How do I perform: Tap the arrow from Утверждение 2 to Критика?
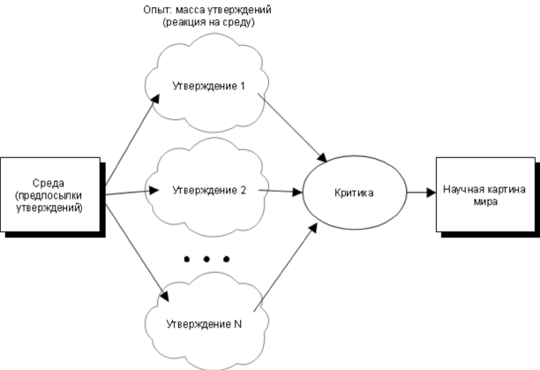(x=274, y=190)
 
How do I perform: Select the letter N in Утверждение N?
(x=238, y=323)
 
